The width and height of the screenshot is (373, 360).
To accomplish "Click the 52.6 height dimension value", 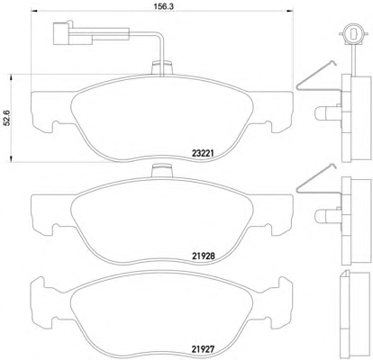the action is click(6, 118).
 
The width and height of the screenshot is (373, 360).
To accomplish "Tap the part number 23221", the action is click(203, 154).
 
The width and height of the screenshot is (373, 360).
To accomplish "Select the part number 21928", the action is click(203, 256).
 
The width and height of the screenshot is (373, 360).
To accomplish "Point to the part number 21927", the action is click(203, 349).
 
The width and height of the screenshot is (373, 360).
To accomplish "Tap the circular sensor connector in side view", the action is click(352, 33).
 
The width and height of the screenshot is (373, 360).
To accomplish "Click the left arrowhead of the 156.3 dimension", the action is click(34, 12).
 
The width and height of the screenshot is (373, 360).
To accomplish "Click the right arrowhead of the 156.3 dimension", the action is click(290, 12).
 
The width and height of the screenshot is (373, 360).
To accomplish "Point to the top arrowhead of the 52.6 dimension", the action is click(11, 77).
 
